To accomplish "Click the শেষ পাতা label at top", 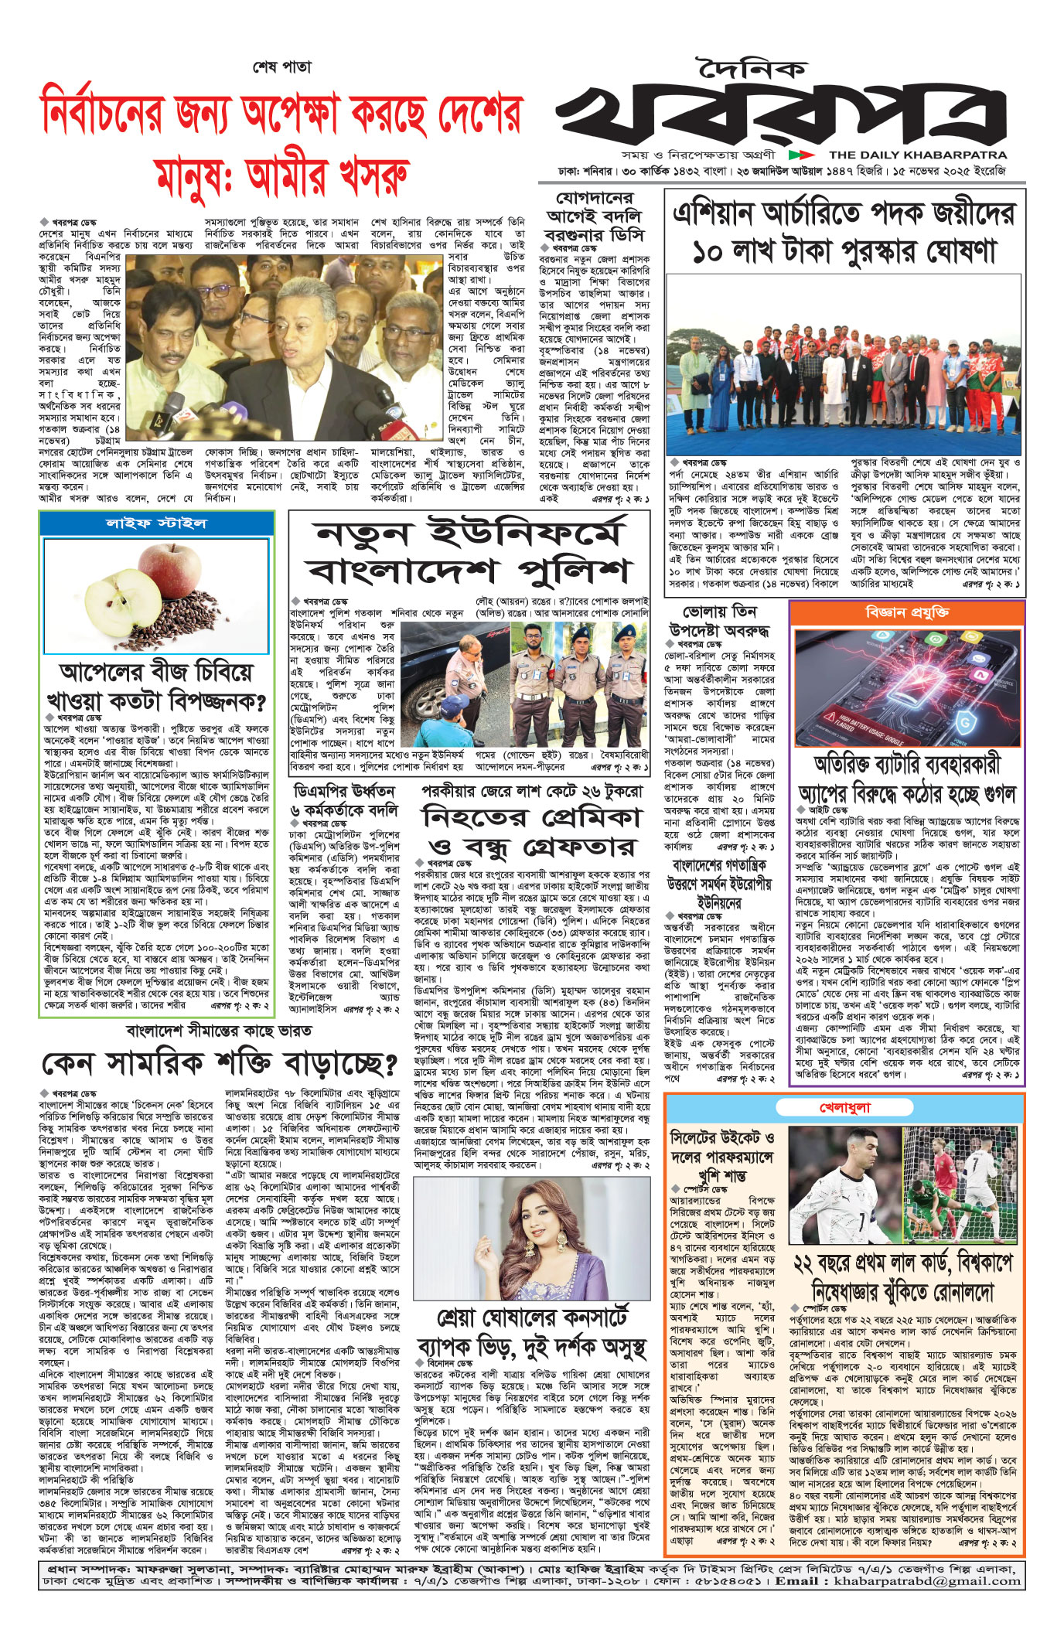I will pos(282,66).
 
